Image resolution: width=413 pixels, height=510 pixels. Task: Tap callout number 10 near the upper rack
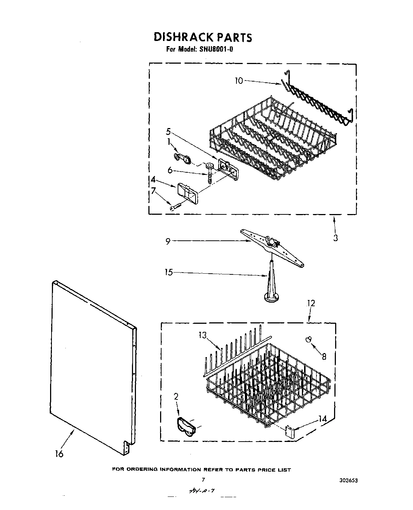point(239,80)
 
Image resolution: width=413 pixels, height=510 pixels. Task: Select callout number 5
point(168,132)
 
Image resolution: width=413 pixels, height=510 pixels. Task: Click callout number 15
point(168,273)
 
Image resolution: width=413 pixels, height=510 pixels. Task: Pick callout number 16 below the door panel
point(59,454)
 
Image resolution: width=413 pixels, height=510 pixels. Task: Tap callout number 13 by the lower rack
point(203,335)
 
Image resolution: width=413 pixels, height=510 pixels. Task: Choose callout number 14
point(322,419)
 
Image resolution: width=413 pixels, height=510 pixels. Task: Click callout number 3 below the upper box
point(335,238)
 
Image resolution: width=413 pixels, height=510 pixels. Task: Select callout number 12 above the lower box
point(311,303)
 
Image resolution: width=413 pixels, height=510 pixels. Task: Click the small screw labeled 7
point(174,207)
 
